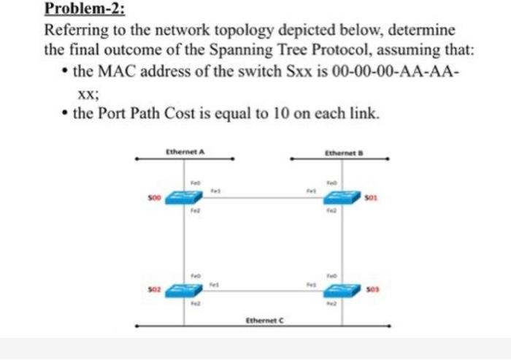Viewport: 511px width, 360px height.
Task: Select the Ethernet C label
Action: click(264, 320)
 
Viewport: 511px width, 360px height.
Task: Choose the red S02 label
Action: click(153, 290)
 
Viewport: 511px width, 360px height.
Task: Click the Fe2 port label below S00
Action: click(195, 211)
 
